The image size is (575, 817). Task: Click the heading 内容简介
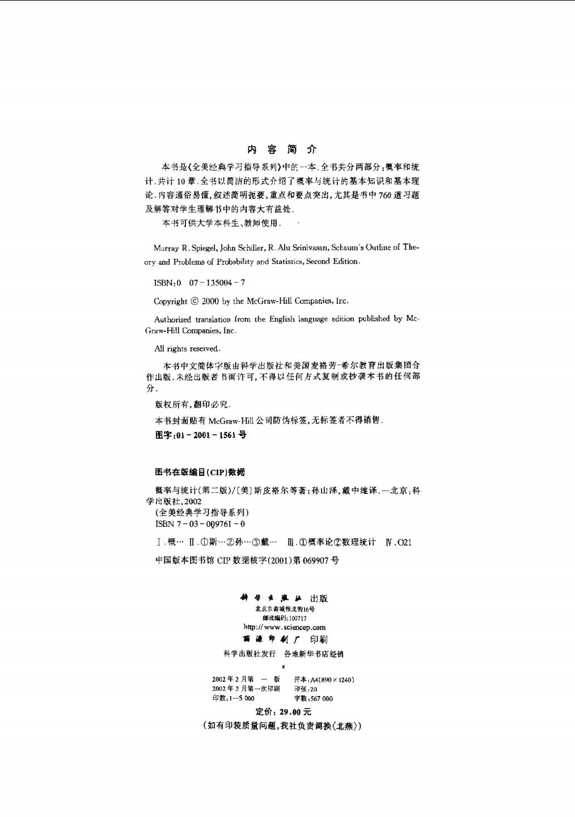282,150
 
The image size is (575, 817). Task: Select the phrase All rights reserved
187,349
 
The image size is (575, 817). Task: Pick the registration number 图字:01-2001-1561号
201,435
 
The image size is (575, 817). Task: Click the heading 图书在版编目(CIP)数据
200,472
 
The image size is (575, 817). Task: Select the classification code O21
404,542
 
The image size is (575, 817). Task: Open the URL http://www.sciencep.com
284,627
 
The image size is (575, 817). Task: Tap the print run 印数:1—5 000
233,698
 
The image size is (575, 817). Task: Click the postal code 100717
297,618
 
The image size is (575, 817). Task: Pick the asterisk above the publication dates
283,667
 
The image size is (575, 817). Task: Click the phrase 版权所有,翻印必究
192,405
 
